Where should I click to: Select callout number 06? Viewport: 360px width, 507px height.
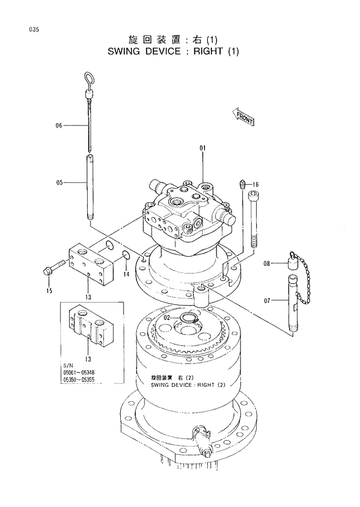(59, 125)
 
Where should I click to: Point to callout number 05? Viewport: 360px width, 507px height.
(59, 182)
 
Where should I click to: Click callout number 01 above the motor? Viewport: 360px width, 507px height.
(203, 149)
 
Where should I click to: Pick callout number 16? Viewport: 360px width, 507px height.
(255, 185)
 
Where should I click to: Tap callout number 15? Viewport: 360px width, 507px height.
(49, 290)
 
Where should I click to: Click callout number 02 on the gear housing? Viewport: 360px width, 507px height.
(166, 318)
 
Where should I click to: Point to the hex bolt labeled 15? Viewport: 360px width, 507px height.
(50, 270)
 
